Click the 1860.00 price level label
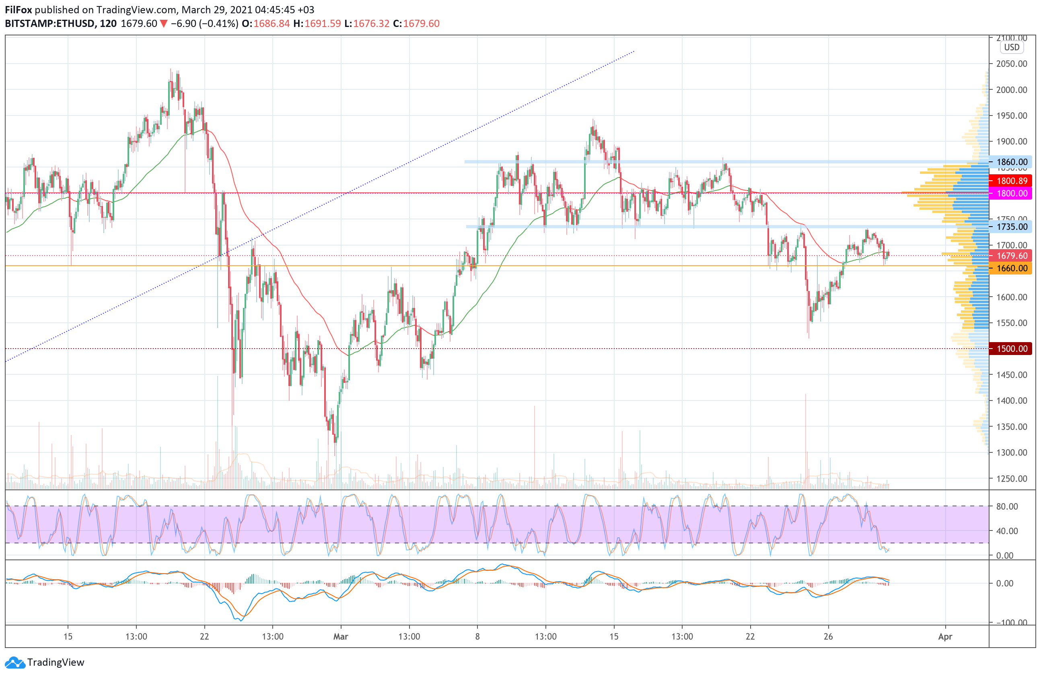[1011, 162]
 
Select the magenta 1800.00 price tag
[1011, 194]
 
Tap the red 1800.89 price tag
[1011, 181]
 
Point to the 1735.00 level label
[1011, 227]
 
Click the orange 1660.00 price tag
[1011, 268]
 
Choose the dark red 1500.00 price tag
[1011, 349]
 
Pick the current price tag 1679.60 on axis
[1011, 256]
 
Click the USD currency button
[1011, 47]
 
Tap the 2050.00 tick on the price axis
[1011, 64]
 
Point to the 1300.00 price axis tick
[1011, 452]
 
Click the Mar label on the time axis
[340, 636]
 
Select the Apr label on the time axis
[945, 636]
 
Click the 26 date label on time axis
[828, 636]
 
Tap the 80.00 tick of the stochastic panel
[1007, 506]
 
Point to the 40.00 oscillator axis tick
[1007, 531]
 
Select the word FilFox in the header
[19, 10]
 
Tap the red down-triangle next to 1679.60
[164, 24]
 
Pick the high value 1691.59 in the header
[322, 24]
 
